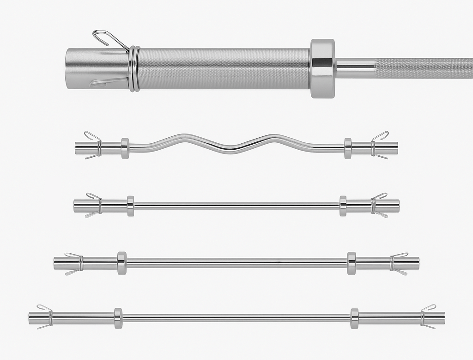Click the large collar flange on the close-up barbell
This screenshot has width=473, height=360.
click(322, 68)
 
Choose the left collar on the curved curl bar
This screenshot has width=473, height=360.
click(125, 148)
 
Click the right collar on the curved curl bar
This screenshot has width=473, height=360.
click(348, 148)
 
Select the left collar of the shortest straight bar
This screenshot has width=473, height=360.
click(131, 206)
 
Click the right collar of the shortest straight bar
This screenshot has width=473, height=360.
click(343, 206)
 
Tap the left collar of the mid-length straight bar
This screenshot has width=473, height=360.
click(122, 263)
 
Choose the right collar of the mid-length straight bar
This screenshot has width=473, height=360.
click(352, 263)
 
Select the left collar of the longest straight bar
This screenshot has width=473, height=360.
click(118, 318)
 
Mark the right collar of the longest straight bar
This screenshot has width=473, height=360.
click(354, 318)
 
